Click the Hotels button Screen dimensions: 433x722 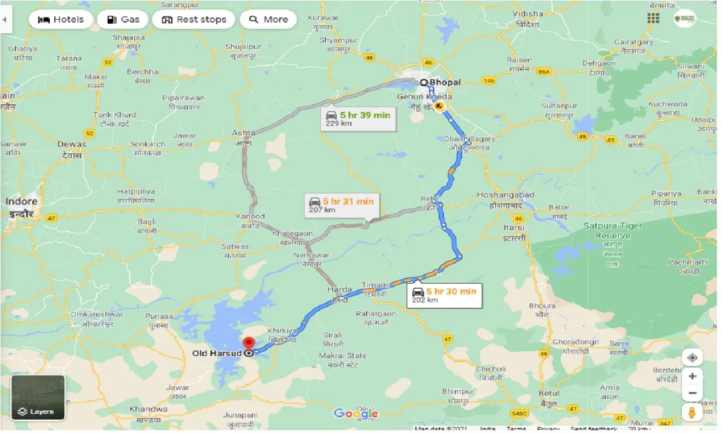(60, 20)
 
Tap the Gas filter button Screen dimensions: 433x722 (122, 20)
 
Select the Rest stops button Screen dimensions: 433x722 (193, 20)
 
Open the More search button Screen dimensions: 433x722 (268, 20)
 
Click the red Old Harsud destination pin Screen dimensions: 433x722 (249, 343)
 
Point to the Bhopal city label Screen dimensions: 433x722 (444, 82)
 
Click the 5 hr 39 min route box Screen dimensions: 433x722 (358, 118)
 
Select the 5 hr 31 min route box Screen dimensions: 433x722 (341, 204)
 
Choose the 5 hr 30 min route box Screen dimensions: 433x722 (444, 295)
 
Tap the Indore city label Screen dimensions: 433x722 (22, 201)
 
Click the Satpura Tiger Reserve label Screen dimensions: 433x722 (612, 230)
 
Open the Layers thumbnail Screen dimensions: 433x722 (38, 397)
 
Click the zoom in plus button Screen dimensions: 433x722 (692, 376)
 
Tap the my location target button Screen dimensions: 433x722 (692, 357)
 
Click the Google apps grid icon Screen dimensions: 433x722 (653, 19)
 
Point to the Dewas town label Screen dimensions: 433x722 (72, 144)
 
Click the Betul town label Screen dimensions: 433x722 (549, 394)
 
